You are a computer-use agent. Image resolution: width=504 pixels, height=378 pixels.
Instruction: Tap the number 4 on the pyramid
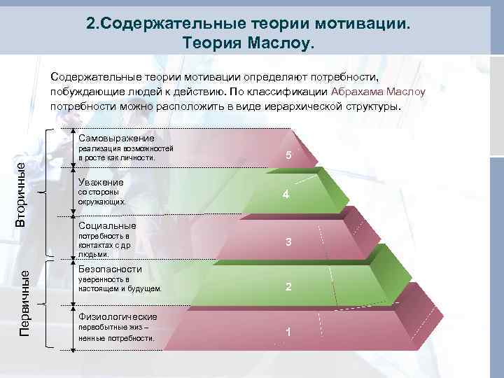point(286,195)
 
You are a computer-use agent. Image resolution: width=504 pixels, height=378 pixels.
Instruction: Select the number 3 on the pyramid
point(288,242)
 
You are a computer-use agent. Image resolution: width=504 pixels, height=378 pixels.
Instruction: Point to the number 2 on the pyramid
point(288,286)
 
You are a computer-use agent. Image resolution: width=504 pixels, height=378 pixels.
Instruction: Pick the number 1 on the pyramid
point(288,332)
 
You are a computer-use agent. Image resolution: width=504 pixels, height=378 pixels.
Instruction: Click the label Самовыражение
point(116,138)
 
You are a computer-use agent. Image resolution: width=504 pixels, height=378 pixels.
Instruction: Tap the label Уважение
point(101,182)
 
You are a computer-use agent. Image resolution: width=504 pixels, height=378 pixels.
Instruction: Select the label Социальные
point(107,226)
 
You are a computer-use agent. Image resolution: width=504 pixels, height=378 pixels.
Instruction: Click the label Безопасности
point(110,269)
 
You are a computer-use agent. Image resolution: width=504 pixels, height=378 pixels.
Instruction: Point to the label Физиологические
point(118,316)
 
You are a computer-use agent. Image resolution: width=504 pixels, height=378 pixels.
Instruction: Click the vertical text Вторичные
point(22,193)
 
